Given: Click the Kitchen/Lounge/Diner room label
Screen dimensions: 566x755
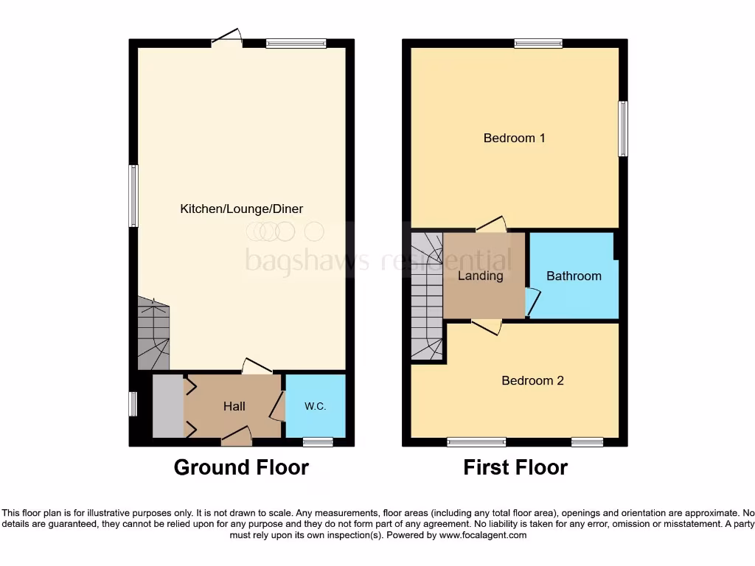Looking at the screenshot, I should click(241, 209).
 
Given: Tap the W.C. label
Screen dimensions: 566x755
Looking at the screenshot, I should click(315, 407).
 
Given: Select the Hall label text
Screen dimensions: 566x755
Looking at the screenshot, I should click(234, 407).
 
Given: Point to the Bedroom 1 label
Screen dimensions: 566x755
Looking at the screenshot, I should click(514, 138).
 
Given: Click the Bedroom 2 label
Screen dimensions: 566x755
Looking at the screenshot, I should click(532, 381).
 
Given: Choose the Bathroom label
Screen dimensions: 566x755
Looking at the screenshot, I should click(574, 276).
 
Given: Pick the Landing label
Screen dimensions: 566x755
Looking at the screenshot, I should click(481, 276).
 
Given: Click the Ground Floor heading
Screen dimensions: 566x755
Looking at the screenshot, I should click(241, 467).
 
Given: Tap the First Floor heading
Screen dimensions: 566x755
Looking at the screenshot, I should click(515, 467).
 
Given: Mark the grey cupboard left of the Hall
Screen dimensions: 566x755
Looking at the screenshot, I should click(167, 406).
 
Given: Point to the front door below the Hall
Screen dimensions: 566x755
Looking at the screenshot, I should click(237, 437).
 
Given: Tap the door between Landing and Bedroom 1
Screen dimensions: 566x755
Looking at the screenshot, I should click(491, 224).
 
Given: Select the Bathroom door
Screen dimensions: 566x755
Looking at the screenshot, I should click(533, 303).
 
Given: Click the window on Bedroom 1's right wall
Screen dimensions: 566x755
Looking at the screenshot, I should click(623, 129).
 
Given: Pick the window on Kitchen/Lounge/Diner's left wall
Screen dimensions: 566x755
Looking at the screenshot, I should click(133, 195).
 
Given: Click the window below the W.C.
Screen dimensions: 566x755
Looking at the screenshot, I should click(318, 442).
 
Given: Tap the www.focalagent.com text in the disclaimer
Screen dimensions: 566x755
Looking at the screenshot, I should click(482, 536).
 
